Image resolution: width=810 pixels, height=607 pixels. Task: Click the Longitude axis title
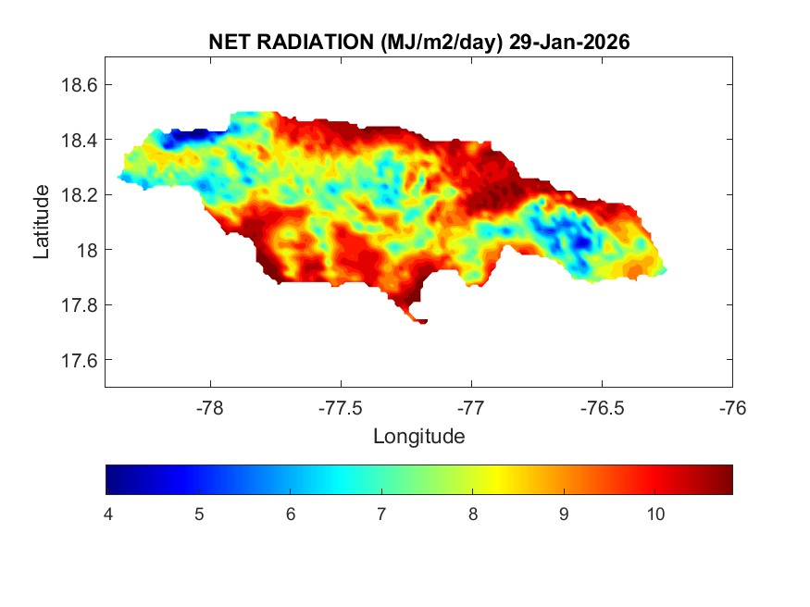(x=418, y=435)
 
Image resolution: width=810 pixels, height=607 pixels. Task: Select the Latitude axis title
(x=42, y=222)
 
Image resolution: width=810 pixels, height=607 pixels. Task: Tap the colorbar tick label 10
(x=655, y=514)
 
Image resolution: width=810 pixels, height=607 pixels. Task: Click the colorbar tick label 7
(x=381, y=514)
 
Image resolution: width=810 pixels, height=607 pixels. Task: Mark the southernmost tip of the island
(x=422, y=322)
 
